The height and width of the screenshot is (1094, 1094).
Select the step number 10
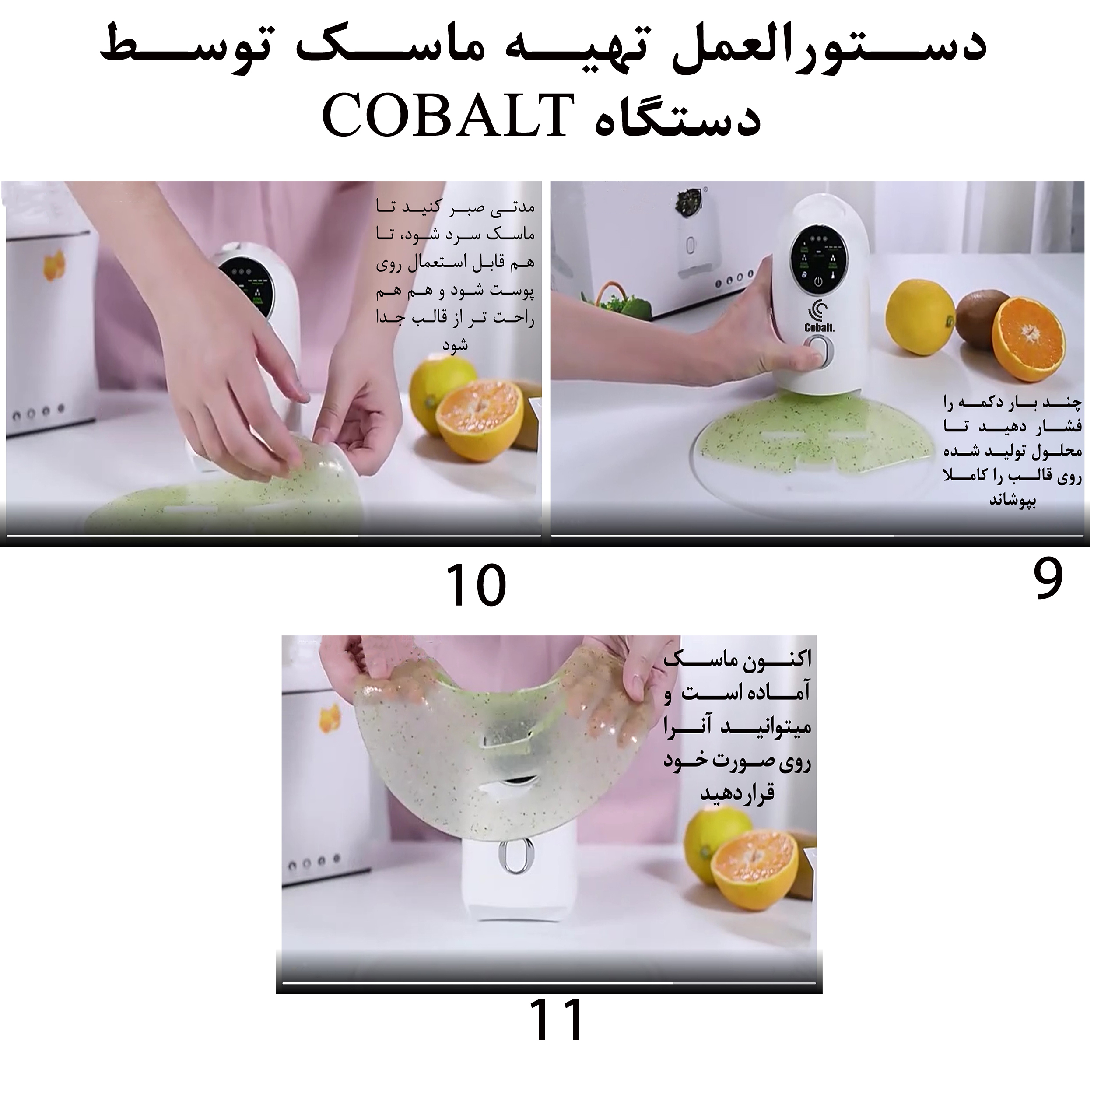(476, 586)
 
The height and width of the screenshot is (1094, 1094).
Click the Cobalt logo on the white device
(819, 317)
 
